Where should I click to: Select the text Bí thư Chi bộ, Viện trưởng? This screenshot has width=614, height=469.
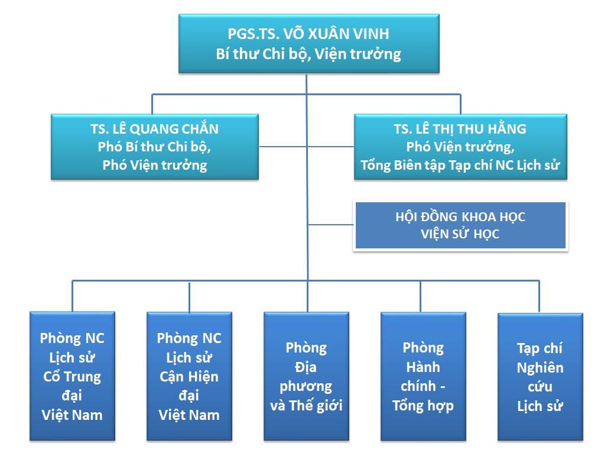click(308, 54)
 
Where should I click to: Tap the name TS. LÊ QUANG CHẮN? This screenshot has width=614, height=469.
click(155, 129)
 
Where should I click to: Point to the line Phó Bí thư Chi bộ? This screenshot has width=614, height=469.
click(155, 147)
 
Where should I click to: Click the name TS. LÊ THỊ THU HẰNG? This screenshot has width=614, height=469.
click(460, 129)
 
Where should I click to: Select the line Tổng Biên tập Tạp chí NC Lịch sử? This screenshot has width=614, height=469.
click(460, 166)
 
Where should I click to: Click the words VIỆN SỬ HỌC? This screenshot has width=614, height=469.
click(460, 234)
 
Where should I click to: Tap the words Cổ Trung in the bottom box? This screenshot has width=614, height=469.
click(72, 377)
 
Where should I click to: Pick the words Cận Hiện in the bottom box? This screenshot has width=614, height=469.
click(189, 377)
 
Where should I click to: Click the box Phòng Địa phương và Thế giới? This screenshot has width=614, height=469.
click(306, 376)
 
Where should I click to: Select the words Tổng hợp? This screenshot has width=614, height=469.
click(423, 406)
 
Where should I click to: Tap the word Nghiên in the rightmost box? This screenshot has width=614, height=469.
click(540, 368)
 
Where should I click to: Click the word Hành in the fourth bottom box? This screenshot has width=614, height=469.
click(423, 367)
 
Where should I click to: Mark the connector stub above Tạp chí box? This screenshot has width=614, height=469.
click(539, 296)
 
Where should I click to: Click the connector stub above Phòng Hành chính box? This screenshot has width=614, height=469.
click(421, 296)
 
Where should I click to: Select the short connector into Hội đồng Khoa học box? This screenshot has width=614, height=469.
click(330, 225)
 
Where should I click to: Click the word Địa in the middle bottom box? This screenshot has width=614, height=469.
click(306, 367)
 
